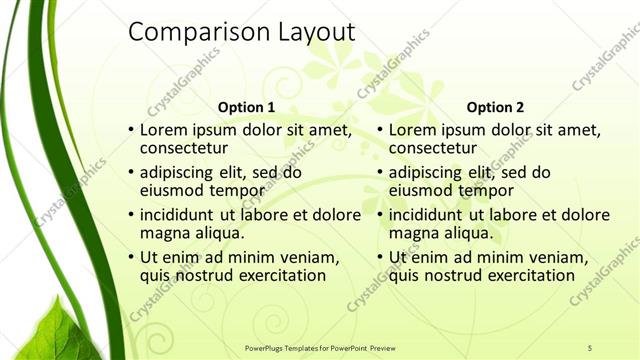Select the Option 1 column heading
click(246, 108)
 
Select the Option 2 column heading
click(495, 108)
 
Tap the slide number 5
click(589, 347)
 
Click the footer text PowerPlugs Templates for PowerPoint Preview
click(320, 347)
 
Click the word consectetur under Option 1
click(184, 148)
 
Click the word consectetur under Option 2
click(433, 148)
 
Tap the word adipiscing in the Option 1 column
click(181, 172)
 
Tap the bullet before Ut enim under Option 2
click(380, 258)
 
